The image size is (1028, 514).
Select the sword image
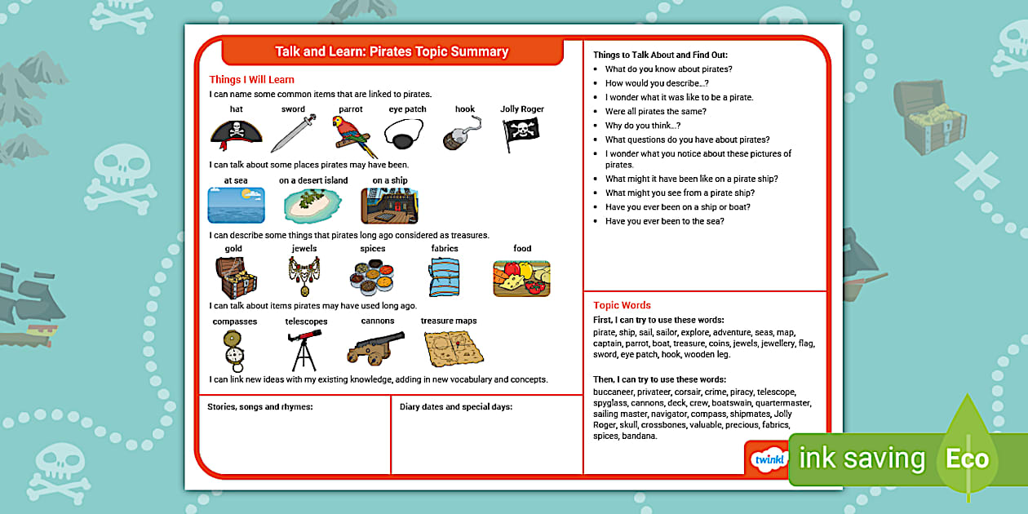click(293, 134)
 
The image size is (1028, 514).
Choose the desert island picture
click(312, 206)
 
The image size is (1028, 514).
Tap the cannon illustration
click(375, 348)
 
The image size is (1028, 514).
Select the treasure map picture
click(454, 348)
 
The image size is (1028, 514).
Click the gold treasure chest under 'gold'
click(236, 277)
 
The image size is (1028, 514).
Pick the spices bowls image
click(372, 278)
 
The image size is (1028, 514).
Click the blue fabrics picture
click(445, 277)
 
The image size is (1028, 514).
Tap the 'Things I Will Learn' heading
click(251, 80)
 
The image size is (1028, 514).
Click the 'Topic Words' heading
click(622, 305)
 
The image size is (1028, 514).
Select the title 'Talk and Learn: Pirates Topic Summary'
click(392, 51)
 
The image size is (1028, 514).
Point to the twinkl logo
click(769, 459)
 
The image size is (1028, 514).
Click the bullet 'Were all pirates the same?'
click(655, 111)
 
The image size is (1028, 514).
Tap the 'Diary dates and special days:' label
click(455, 406)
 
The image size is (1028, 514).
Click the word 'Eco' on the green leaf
click(967, 459)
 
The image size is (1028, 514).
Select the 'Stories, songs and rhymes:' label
click(260, 406)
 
